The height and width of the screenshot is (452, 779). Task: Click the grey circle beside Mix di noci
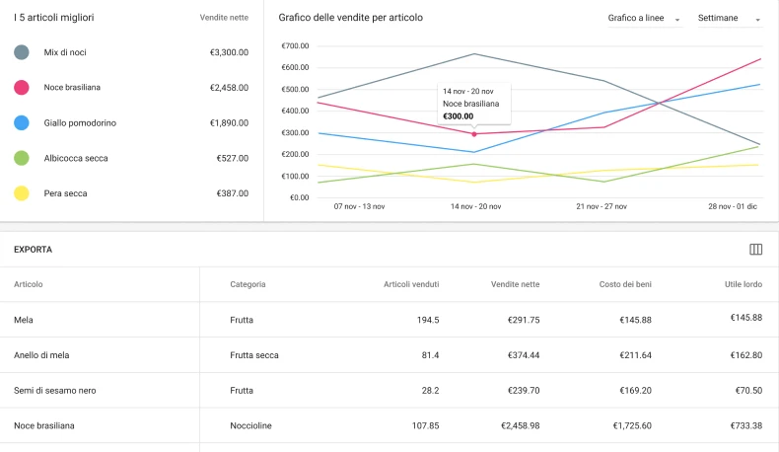pos(21,52)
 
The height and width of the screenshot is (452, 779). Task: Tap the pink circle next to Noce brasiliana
pos(21,88)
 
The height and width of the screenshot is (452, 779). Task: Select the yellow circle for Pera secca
pos(21,193)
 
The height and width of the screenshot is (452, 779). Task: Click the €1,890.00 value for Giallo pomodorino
pos(229,123)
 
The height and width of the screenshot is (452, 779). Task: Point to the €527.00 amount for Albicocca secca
pos(232,158)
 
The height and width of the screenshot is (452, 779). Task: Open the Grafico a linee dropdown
pos(644,19)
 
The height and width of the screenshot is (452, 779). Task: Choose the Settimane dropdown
pos(729,19)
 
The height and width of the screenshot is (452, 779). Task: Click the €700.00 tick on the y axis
pos(295,46)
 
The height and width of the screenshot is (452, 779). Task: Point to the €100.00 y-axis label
pos(295,177)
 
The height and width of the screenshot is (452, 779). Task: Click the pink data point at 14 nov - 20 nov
pos(474,133)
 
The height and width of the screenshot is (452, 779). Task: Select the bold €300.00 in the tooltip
pos(458,116)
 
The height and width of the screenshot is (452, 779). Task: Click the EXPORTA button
pos(33,250)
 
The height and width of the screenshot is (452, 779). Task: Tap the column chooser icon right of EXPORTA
pos(756,250)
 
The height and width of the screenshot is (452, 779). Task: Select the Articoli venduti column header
pos(411,284)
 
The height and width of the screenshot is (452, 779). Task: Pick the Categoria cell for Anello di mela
pos(253,355)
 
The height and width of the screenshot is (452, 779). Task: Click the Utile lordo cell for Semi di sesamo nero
pos(745,391)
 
